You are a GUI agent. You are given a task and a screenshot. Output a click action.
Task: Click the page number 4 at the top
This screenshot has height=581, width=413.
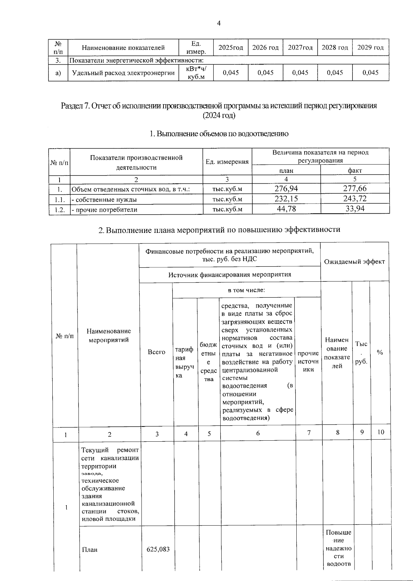[219, 23]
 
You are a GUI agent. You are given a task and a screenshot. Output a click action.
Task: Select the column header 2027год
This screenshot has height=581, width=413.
[300, 47]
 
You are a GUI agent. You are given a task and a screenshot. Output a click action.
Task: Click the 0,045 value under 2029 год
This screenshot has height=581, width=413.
[371, 73]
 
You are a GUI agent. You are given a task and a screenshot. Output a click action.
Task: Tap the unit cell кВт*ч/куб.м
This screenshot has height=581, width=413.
[196, 73]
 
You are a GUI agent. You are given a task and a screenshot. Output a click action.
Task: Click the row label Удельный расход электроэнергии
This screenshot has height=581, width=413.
[123, 73]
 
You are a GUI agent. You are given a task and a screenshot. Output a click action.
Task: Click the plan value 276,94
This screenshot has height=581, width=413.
[286, 189]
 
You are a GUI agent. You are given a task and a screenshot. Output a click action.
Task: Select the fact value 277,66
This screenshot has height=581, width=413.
[355, 189]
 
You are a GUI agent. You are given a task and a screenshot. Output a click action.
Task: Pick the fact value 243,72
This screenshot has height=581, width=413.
[355, 198]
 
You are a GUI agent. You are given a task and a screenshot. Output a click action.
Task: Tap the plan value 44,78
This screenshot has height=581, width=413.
[286, 209]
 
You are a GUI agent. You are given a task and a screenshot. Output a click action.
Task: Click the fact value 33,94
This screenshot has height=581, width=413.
[355, 209]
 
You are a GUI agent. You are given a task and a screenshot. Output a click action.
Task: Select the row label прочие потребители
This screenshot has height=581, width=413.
[104, 209]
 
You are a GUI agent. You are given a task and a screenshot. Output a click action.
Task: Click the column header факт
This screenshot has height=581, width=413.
[355, 170]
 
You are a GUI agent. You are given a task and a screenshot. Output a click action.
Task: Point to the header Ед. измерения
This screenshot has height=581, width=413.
[227, 162]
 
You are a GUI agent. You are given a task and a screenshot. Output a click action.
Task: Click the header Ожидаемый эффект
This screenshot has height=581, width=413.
[354, 261]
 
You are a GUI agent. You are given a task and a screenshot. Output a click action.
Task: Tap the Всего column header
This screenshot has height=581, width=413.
[157, 352]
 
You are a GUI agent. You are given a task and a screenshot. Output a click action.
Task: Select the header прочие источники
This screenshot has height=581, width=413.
[308, 361]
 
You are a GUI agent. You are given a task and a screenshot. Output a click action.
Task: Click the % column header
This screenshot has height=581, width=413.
[380, 353]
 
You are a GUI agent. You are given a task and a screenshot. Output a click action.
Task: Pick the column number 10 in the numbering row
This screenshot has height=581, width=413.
[381, 432]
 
